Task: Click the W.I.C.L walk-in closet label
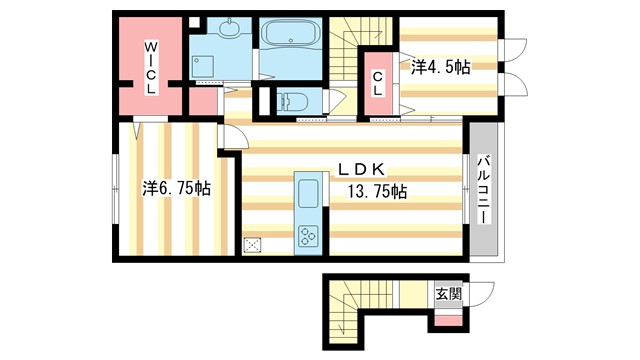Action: click(x=149, y=66)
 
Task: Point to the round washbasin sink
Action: click(x=230, y=29)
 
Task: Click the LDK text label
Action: click(x=363, y=167)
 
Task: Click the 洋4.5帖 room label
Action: click(x=440, y=66)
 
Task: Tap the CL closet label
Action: click(x=379, y=83)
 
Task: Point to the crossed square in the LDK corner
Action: click(x=252, y=244)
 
